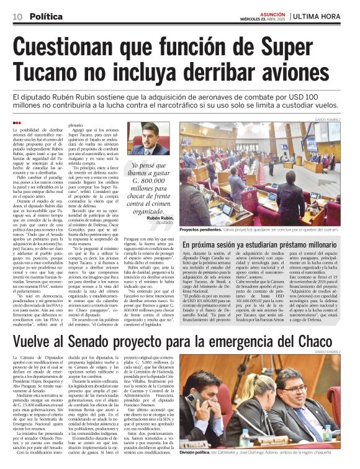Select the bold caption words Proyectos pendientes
pos(201,229)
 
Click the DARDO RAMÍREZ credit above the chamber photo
pos(333,118)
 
